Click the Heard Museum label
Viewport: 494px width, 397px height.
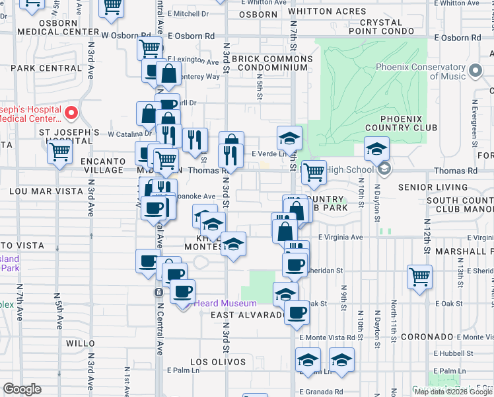pyautogui.click(x=225, y=304)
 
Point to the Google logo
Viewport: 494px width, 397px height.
pyautogui.click(x=22, y=390)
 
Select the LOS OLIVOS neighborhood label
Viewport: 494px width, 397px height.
pyautogui.click(x=218, y=362)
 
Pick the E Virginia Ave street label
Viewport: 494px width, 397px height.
pyautogui.click(x=341, y=237)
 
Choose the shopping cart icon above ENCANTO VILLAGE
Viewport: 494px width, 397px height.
pyautogui.click(x=59, y=152)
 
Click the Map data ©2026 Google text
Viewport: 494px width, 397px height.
pyautogui.click(x=453, y=392)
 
